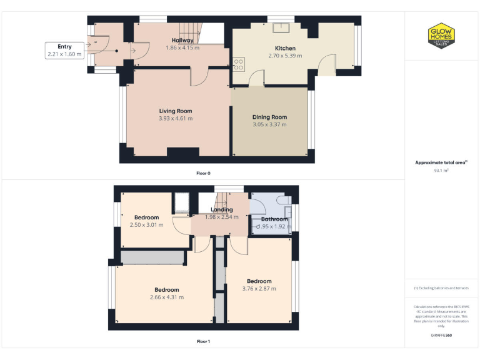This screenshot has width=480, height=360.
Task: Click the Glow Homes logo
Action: [x=441, y=36]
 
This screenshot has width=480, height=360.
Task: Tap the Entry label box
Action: [x=64, y=51]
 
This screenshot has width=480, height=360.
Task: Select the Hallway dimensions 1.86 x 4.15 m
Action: [x=182, y=48]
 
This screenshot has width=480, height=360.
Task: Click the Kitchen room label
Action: [x=285, y=48]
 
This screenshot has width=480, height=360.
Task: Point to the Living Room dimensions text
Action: [x=175, y=118]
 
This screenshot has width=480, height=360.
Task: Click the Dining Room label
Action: [x=269, y=117]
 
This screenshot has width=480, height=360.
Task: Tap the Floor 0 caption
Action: [x=203, y=172]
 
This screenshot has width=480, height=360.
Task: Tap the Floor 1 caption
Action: [x=203, y=341]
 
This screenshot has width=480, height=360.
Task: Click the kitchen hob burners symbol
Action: [x=238, y=62]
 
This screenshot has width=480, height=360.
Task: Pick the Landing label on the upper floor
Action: [x=221, y=209]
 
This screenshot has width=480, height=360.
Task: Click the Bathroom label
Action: [x=274, y=219]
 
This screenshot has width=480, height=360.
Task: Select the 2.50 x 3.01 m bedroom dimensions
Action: [x=146, y=225]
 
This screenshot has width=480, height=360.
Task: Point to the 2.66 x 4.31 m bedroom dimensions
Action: [x=167, y=297]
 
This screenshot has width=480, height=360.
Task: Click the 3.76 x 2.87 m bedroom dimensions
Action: [x=259, y=288]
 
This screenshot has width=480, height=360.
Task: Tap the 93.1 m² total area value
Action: [x=441, y=170]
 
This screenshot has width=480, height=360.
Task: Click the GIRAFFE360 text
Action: [x=441, y=336]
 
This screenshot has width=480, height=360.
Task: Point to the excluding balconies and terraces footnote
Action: [x=441, y=288]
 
